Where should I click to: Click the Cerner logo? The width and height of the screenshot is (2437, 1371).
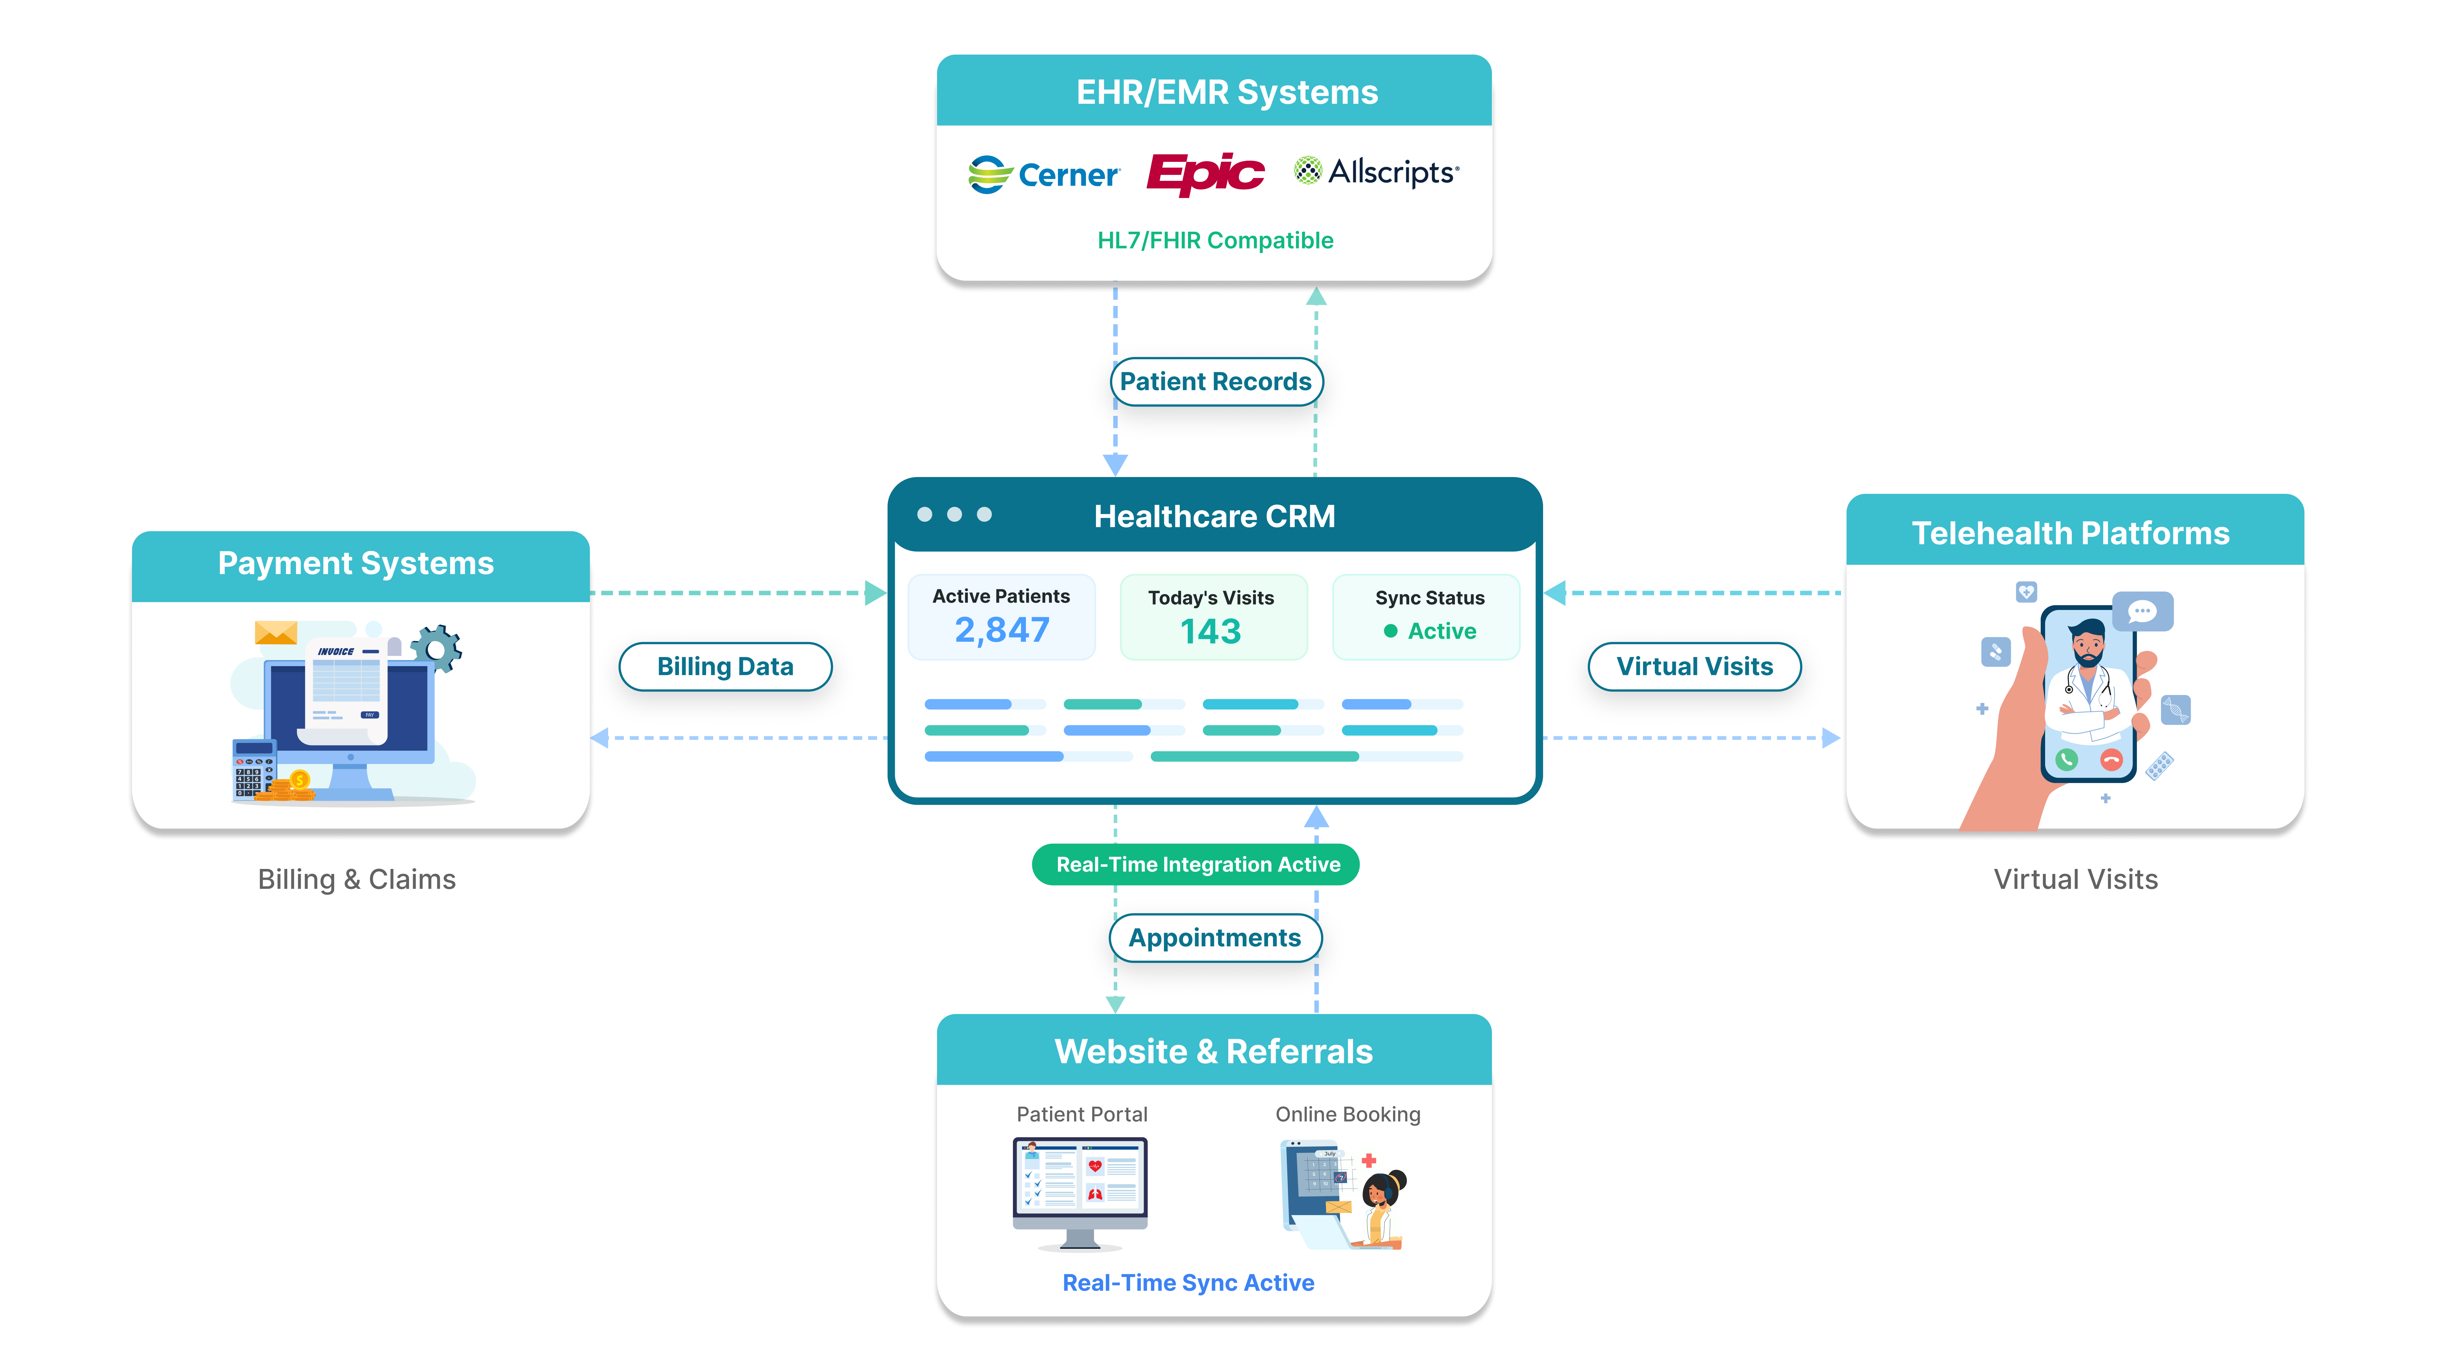[x=1043, y=174]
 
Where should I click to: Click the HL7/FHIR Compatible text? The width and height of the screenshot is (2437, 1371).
[x=1215, y=240]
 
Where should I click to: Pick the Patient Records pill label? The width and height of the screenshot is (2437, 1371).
[x=1216, y=381]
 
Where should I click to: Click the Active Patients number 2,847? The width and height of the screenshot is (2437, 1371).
[x=1002, y=630]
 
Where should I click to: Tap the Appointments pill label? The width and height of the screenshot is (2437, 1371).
[x=1215, y=938]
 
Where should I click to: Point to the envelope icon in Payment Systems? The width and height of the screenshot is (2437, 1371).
[x=276, y=632]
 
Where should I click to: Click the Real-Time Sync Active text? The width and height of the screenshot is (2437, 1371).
[x=1188, y=1283]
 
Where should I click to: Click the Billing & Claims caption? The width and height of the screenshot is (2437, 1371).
[x=357, y=879]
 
